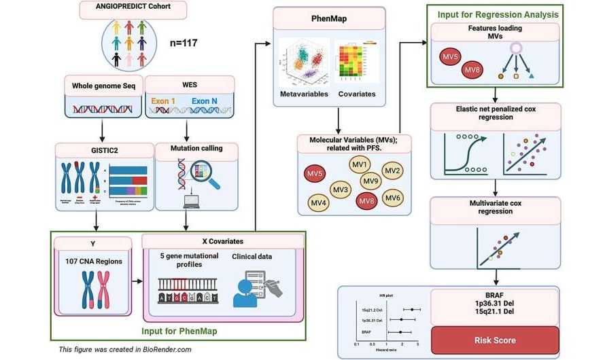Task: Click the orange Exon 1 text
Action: click(164, 101)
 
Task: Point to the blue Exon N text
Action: click(205, 101)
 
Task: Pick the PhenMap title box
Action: click(330, 18)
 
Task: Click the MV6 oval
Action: click(392, 198)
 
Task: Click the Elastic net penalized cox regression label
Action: click(496, 113)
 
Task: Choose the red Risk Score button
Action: click(494, 340)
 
